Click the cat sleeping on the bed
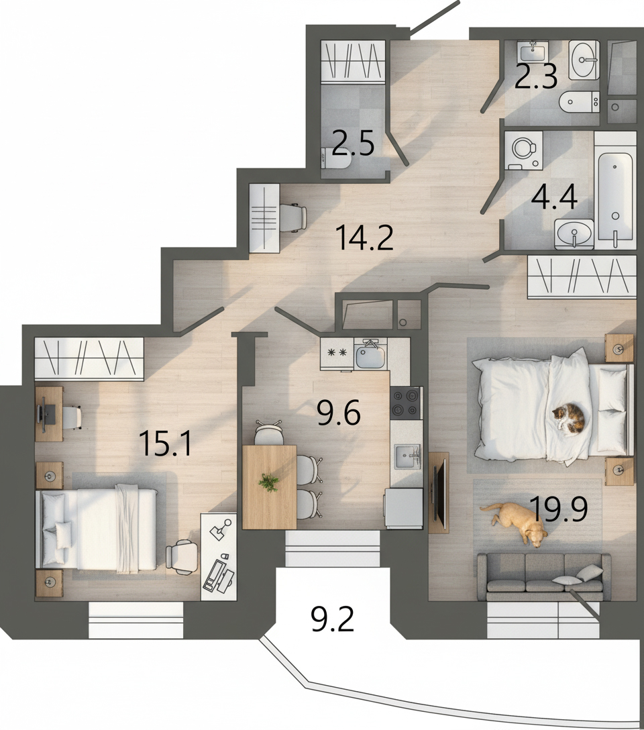pos(569,418)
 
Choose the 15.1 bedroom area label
pos(165,444)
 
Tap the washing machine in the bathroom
pos(524,150)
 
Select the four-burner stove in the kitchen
pos(407,403)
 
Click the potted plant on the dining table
pos(268,482)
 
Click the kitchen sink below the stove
pos(407,456)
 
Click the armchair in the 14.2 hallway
pos(293,217)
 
